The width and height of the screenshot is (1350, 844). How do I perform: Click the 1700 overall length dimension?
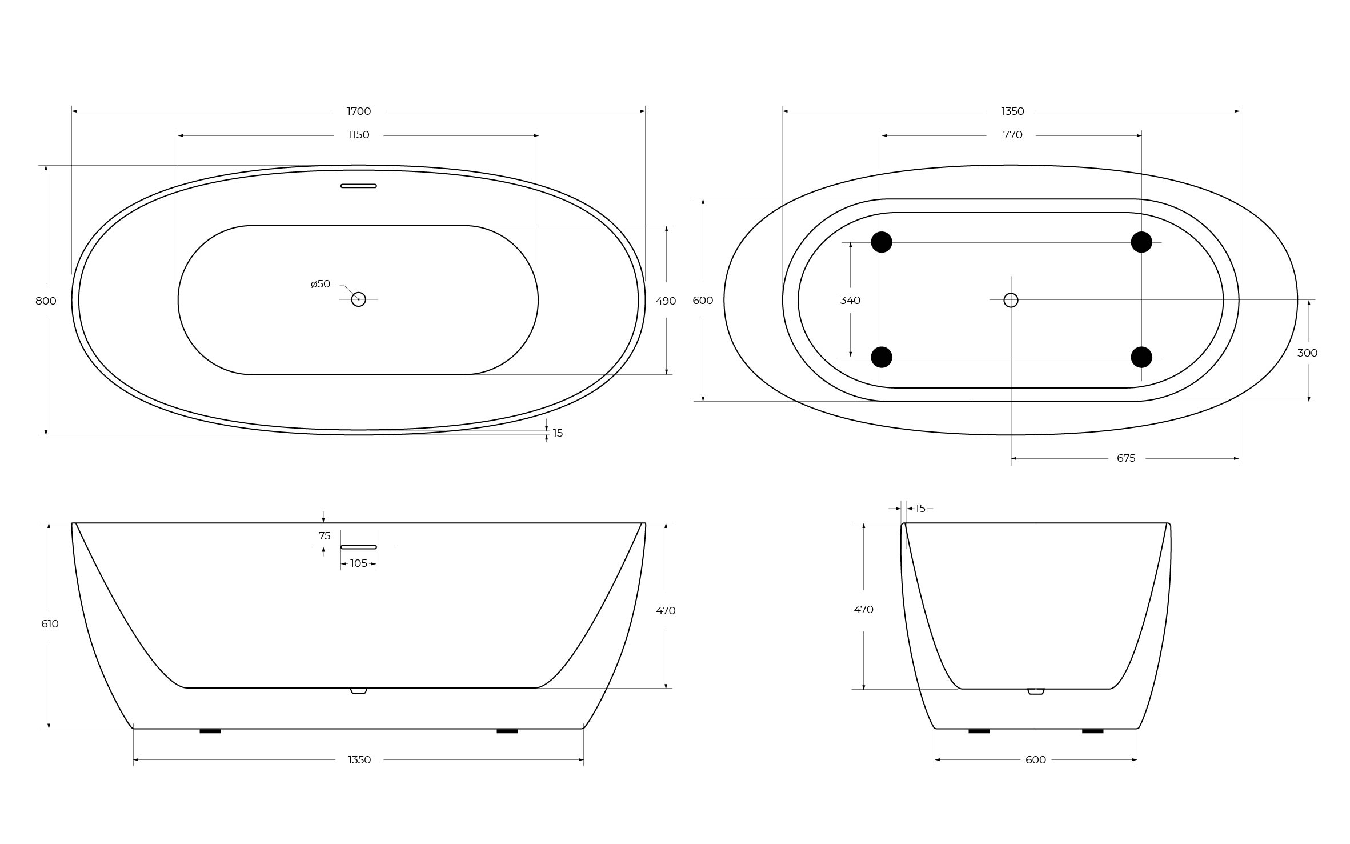[359, 111]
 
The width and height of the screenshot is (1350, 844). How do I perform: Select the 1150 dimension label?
[359, 135]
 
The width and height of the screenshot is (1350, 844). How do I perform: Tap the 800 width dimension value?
[46, 301]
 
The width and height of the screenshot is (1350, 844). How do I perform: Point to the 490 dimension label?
[666, 301]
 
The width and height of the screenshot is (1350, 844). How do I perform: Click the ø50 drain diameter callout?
[321, 284]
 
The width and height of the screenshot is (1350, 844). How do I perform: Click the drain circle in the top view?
[358, 299]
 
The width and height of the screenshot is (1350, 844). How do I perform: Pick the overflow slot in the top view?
[359, 186]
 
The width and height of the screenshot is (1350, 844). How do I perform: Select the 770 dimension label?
[1012, 135]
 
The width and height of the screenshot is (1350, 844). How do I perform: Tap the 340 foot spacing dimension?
[850, 301]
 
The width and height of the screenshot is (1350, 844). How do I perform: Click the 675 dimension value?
[1126, 458]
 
